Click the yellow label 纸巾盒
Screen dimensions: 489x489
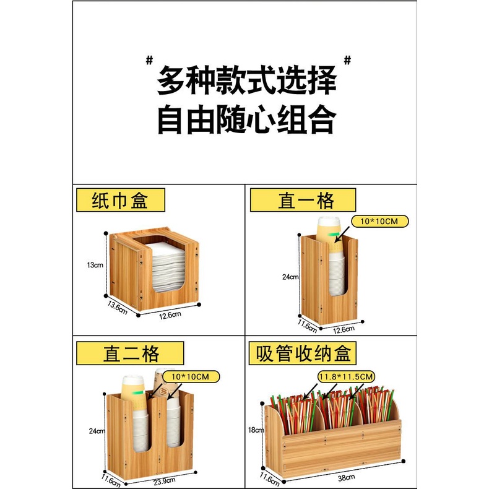(x=120, y=200)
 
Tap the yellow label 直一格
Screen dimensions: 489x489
(x=303, y=200)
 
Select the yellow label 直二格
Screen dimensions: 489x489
(x=130, y=353)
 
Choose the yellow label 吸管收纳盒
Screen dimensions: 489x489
(x=302, y=353)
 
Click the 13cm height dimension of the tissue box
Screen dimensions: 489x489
(x=95, y=265)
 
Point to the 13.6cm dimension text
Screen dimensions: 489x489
(x=117, y=308)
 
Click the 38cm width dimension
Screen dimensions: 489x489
(x=346, y=477)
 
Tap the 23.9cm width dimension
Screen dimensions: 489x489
(x=165, y=481)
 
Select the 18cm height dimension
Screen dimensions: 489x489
(x=256, y=430)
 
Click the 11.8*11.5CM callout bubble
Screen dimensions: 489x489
(x=346, y=376)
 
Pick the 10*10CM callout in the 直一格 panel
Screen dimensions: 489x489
(x=379, y=221)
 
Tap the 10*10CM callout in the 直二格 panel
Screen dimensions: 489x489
(x=191, y=376)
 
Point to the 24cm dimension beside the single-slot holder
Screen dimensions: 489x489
(x=290, y=277)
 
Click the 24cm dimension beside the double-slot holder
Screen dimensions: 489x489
(x=97, y=431)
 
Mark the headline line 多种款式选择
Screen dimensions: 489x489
(x=247, y=80)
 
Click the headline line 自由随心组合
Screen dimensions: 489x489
(x=247, y=119)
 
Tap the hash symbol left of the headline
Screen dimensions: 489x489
(x=149, y=60)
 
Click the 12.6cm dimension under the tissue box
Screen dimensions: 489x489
(x=170, y=315)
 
